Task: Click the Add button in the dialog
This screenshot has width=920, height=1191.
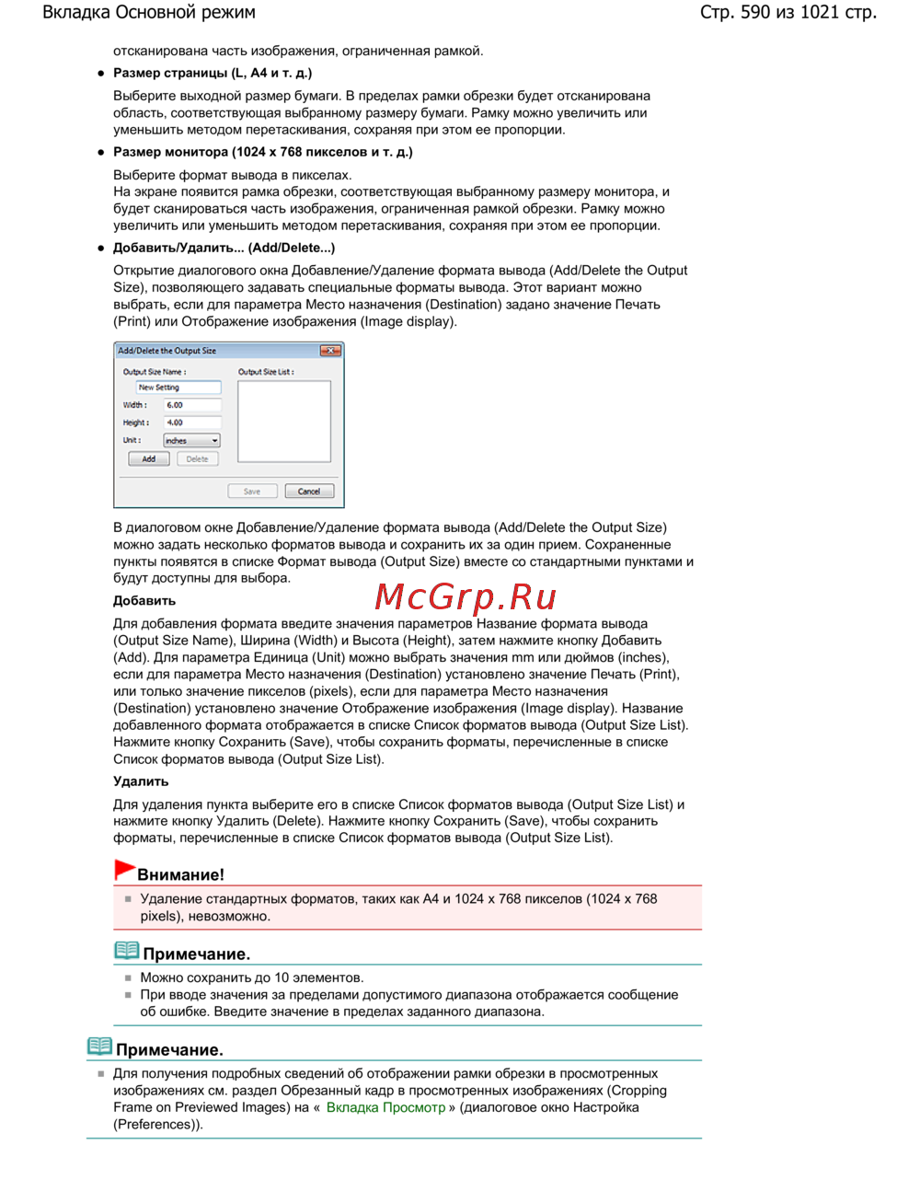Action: pos(148,458)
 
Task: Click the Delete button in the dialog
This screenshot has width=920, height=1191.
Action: pos(197,458)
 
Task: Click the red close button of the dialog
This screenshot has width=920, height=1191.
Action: pos(330,351)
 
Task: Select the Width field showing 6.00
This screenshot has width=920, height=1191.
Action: pos(192,405)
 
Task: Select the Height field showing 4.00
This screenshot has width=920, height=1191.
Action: pos(192,422)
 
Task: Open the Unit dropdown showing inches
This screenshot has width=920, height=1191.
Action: pos(191,441)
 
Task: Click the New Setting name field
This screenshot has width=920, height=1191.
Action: pos(178,387)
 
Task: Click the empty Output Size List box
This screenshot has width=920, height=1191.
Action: pos(283,421)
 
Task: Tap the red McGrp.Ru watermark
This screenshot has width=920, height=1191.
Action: pos(466,597)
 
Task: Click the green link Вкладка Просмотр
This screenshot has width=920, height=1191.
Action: pos(385,1107)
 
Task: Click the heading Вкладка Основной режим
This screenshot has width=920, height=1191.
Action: pos(149,13)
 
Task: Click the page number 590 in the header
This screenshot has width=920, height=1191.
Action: pos(755,13)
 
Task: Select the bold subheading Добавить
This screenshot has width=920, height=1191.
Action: pos(144,601)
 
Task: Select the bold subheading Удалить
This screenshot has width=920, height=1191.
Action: pos(141,781)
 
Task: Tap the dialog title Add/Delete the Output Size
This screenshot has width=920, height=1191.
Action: pos(167,351)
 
